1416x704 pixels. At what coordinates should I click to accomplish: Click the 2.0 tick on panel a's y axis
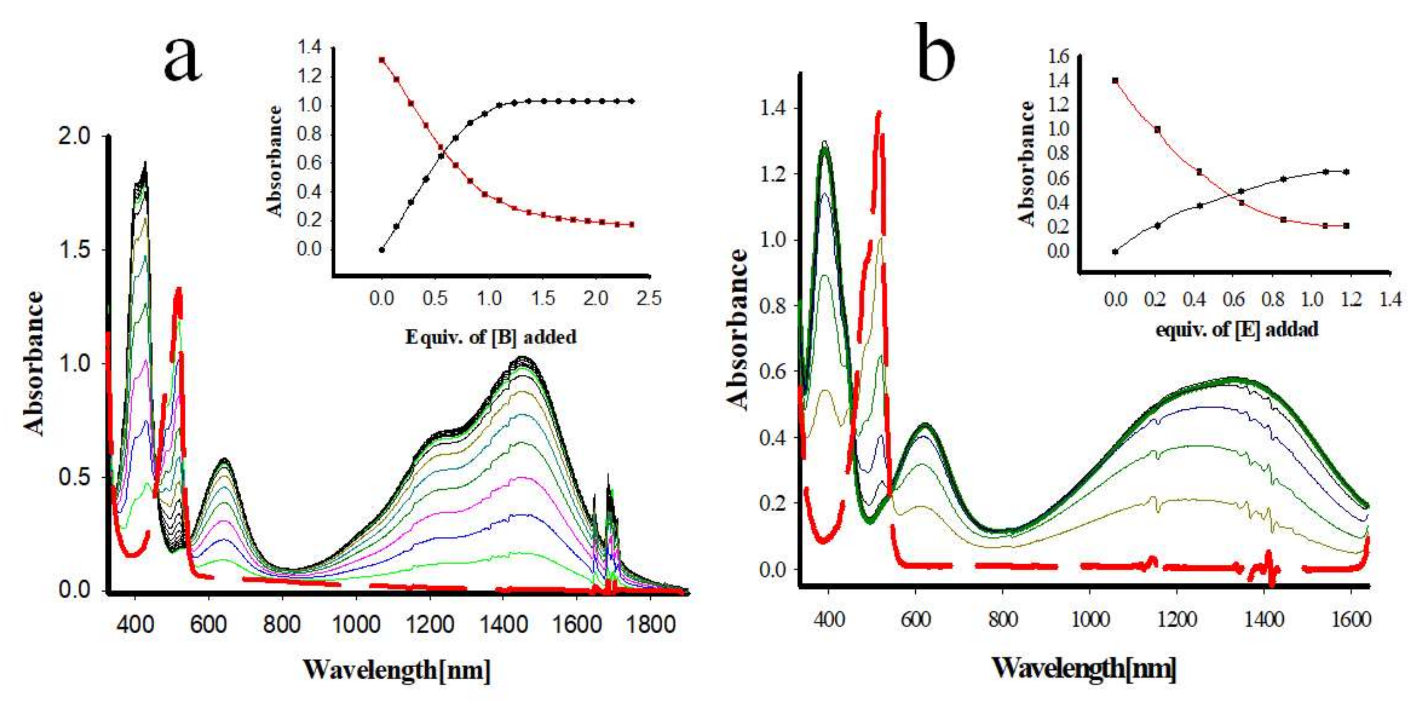pos(75,136)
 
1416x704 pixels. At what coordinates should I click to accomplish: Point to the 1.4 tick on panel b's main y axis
pos(773,109)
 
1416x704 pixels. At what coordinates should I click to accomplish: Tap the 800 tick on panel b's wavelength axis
pos(1003,620)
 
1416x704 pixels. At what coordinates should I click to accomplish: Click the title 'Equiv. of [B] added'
pos(491,336)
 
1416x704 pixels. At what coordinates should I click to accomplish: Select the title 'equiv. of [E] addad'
pos(1236,330)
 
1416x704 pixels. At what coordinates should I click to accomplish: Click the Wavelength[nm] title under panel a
pos(396,670)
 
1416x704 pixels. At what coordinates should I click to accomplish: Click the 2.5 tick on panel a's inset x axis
pos(649,298)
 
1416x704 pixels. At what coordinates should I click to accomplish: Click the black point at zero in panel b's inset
pos(1115,252)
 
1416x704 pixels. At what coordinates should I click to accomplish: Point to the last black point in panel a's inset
pos(632,101)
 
